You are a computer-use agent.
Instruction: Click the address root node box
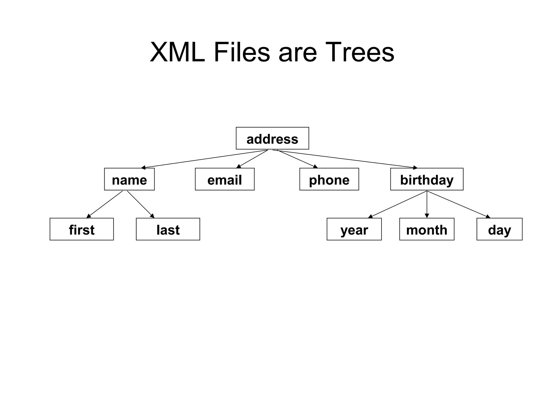272,138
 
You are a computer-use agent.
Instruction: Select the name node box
129,179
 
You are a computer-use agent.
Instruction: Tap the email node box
225,179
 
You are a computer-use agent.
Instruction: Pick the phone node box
329,179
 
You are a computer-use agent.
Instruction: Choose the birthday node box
427,179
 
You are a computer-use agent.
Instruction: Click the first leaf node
82,229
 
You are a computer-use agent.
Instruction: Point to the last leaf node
168,229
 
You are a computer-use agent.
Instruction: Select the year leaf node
354,229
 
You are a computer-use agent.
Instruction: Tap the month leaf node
427,229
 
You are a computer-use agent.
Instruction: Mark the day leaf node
499,229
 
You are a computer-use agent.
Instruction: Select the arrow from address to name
204,159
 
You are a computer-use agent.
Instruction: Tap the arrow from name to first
105,204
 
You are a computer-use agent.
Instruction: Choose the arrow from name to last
141,204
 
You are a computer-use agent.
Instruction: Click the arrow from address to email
252,159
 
